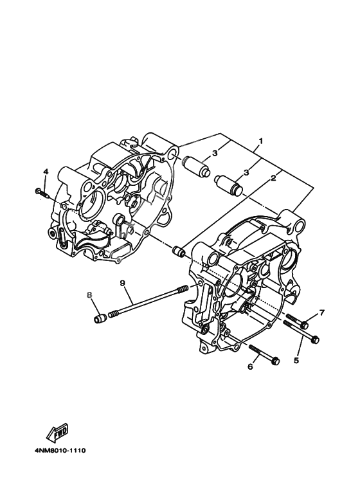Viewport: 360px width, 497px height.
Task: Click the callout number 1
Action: (260, 140)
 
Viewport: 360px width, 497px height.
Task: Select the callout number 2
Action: (273, 178)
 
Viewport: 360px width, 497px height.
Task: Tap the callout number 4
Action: (46, 172)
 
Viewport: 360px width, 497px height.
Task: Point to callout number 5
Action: (296, 361)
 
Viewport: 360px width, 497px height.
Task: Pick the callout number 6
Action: (250, 366)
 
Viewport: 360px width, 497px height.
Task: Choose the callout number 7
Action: (321, 313)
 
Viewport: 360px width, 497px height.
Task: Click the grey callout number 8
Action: (89, 295)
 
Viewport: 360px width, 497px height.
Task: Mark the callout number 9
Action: (122, 283)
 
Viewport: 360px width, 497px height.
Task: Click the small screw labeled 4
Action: (41, 192)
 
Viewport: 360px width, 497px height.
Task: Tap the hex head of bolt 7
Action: (305, 325)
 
